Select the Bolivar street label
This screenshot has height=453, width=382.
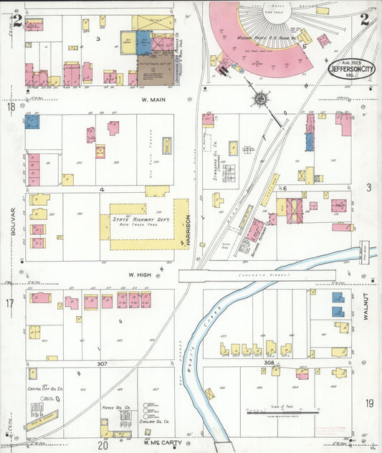click(13, 220)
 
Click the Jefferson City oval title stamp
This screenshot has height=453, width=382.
click(350, 69)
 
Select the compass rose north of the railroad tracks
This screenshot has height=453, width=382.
click(261, 97)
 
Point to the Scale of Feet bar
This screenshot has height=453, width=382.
click(282, 411)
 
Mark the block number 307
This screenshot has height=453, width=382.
click(102, 364)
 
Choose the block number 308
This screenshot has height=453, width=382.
click(269, 363)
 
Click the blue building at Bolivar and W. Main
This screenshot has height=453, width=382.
click(32, 122)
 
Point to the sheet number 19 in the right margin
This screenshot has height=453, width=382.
click(369, 403)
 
